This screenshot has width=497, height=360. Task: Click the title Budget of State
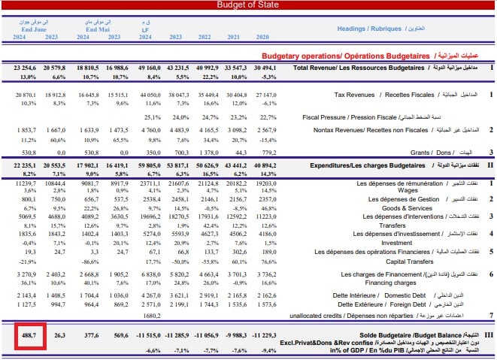[248, 5]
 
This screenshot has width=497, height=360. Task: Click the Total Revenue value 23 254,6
[25, 68]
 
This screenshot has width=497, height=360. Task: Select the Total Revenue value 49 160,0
[147, 68]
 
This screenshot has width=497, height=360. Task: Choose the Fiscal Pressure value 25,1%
[153, 117]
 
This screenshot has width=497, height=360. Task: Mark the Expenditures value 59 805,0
[147, 164]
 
